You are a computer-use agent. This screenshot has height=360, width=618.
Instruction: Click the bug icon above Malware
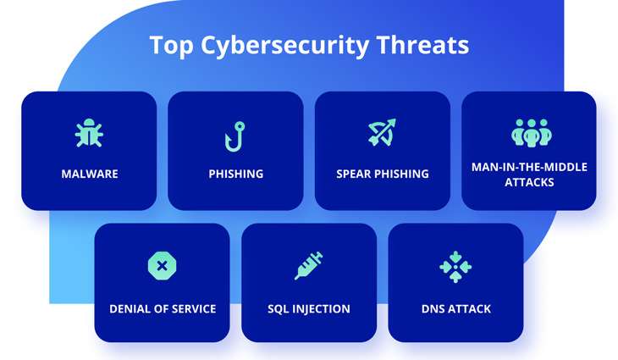tap(89, 134)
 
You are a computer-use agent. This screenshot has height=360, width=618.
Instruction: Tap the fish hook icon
tap(235, 135)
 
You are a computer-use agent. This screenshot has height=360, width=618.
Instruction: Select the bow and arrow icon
tap(382, 134)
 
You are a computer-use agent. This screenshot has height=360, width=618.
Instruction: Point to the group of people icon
tap(530, 132)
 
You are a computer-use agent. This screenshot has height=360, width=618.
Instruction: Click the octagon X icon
tap(162, 266)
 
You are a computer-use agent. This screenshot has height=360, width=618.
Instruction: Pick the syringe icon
tap(308, 266)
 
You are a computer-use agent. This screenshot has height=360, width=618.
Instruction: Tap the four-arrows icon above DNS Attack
tap(455, 266)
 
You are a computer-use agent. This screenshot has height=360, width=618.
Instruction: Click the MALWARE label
tap(90, 174)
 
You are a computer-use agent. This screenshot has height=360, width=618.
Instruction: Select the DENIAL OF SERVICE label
tap(163, 308)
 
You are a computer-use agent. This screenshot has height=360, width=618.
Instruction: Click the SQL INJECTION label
tap(309, 308)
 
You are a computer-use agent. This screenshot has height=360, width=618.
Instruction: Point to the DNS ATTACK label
tap(455, 308)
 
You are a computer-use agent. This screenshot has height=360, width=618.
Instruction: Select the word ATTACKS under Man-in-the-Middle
tap(529, 181)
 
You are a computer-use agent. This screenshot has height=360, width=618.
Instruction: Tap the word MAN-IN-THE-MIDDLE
tap(529, 167)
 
